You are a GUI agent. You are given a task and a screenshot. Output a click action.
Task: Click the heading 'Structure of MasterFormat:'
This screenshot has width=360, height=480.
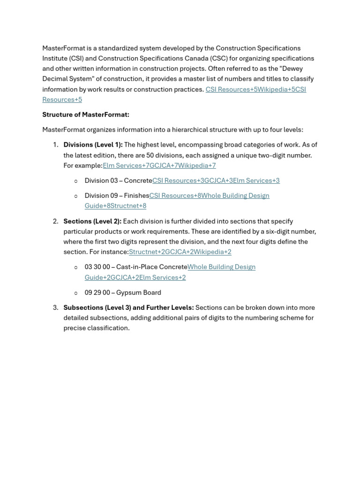pos(86,115)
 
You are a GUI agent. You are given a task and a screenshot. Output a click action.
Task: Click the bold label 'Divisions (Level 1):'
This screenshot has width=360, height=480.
pos(93,145)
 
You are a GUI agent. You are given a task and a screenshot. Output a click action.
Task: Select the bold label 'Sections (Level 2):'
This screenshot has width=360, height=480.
pos(92,221)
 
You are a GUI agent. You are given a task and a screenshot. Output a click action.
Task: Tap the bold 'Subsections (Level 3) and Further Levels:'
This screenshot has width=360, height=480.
pos(128,307)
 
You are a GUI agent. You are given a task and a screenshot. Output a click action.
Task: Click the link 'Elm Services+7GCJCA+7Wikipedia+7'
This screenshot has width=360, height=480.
pos(159,165)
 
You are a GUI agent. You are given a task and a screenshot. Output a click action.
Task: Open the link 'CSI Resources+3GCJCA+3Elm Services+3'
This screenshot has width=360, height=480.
pos(216,180)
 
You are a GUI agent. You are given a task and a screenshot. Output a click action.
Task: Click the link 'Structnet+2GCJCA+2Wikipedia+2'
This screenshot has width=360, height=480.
pos(180,252)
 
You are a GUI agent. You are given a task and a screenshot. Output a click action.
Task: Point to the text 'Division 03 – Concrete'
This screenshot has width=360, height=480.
pos(118,180)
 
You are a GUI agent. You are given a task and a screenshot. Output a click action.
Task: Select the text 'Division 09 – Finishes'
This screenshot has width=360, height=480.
pos(117,195)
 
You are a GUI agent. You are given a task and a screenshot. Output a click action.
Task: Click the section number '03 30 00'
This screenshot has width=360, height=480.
pos(97,267)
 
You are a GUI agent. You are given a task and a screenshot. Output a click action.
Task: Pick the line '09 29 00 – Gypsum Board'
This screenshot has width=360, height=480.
pos(123,292)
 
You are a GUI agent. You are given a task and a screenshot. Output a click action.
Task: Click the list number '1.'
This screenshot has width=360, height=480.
pos(55,145)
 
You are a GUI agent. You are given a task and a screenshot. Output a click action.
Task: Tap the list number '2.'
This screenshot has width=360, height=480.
pos(55,221)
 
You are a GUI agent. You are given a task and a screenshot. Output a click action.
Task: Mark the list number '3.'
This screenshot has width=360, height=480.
pos(55,307)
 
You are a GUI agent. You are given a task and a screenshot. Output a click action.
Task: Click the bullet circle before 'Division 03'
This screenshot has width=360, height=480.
pos(76,181)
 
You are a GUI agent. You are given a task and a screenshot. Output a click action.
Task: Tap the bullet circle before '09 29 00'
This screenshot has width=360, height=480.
pos(76,293)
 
